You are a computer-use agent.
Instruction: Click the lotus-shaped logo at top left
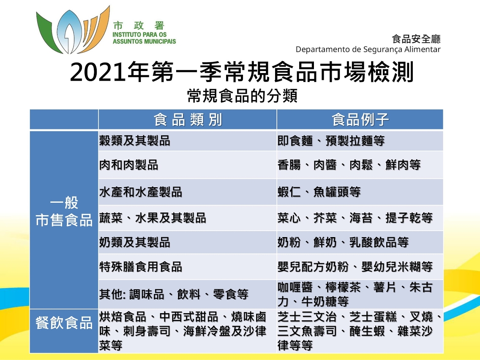(73, 30)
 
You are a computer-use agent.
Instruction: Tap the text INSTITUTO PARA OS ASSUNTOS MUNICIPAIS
(144, 38)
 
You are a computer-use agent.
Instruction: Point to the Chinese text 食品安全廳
(416, 39)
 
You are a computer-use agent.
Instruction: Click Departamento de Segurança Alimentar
(368, 49)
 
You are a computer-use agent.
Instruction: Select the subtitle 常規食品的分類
(242, 96)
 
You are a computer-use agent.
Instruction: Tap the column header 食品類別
(188, 120)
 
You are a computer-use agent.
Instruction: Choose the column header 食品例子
(360, 120)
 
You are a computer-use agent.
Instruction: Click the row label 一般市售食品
(64, 211)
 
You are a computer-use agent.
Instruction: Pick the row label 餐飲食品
(64, 323)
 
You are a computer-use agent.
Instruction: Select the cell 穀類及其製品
(135, 141)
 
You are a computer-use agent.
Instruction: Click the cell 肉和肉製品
(129, 165)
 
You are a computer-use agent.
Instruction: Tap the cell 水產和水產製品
(141, 192)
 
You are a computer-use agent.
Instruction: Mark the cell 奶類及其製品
(135, 243)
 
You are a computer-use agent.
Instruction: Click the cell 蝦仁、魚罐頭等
(319, 192)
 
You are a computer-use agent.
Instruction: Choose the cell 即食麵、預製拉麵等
(331, 141)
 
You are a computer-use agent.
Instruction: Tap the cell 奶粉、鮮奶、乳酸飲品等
(343, 243)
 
